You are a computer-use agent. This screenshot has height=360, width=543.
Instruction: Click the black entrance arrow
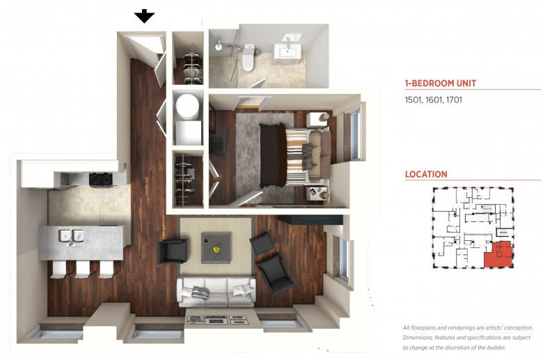144,16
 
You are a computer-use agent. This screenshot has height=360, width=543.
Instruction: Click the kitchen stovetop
101,179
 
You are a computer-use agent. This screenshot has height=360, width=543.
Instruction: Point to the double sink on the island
71,236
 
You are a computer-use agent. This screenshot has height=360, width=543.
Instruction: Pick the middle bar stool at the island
83,269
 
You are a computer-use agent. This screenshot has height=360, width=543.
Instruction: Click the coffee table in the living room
216,247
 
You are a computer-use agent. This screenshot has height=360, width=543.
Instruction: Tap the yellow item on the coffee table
217,249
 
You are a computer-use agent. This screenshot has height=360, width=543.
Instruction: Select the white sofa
217,292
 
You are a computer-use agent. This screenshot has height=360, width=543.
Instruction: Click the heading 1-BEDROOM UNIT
441,84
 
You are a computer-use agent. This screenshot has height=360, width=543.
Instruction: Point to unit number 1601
433,100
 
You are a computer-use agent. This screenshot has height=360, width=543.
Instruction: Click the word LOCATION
426,174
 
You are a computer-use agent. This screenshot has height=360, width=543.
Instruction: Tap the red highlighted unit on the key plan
498,255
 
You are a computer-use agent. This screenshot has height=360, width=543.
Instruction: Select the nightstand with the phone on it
317,194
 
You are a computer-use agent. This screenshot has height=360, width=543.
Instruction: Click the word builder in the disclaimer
495,347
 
